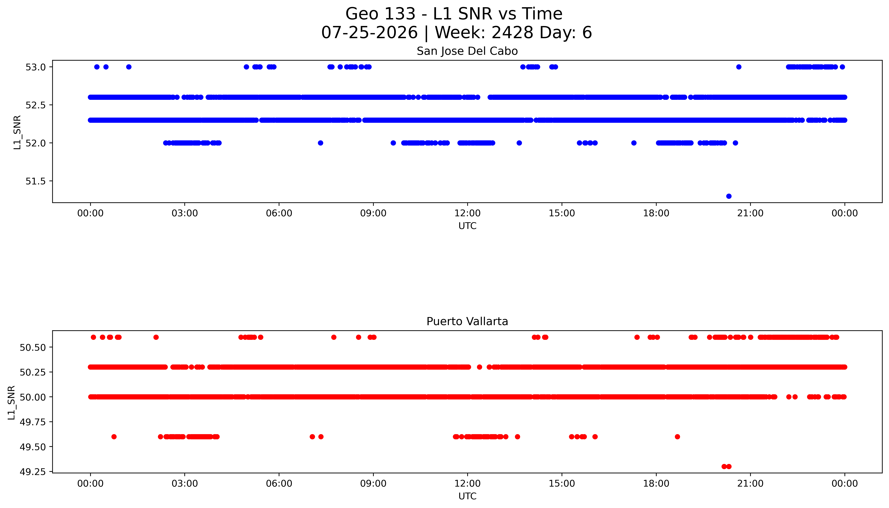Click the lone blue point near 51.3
(x=729, y=196)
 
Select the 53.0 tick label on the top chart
(x=35, y=67)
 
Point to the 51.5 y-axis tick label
(x=35, y=181)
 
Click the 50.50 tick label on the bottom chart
(x=33, y=347)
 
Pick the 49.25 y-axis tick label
(x=33, y=472)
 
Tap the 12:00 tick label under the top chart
(x=467, y=213)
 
